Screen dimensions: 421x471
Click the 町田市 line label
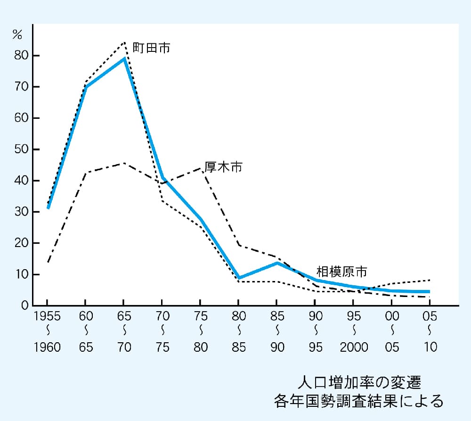point(151,48)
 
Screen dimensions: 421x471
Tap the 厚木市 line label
point(223,167)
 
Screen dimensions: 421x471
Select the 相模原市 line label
point(341,272)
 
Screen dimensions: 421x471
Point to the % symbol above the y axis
point(17,34)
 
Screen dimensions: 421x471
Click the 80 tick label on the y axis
point(22,56)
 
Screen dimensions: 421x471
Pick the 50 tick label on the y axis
point(22,149)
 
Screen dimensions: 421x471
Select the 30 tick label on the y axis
point(22,212)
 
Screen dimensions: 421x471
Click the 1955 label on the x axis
point(47,316)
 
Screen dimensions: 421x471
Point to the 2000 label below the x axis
point(354,347)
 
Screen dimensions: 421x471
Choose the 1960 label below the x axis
point(47,347)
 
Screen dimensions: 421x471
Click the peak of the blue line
point(124,58)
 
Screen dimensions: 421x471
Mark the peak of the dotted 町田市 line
point(124,42)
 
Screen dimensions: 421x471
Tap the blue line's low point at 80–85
point(239,278)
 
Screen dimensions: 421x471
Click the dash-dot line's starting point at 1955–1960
point(48,262)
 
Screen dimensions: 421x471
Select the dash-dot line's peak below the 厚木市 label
point(201,168)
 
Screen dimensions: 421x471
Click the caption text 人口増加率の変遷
point(358,380)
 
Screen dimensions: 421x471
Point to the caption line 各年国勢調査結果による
point(358,400)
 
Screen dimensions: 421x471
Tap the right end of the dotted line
point(430,280)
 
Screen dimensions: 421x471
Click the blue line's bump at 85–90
point(277,263)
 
